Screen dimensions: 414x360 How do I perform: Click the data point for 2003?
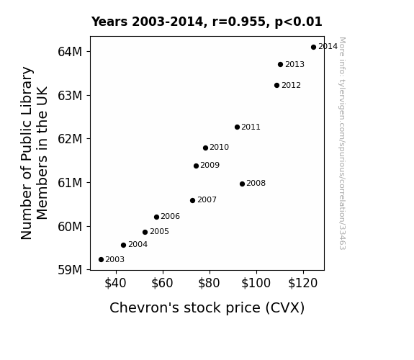(x=101, y=260)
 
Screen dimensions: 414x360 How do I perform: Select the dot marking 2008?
(x=242, y=184)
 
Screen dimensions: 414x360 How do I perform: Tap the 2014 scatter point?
(x=313, y=48)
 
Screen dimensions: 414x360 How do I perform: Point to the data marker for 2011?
(x=237, y=127)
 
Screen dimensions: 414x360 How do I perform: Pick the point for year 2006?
(x=156, y=217)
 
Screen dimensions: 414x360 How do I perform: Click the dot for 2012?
(x=276, y=85)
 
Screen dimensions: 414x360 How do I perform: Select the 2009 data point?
(x=196, y=166)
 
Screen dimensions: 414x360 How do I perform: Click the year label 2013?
(x=294, y=65)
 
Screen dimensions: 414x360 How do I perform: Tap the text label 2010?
(x=219, y=147)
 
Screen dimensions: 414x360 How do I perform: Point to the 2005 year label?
(x=159, y=231)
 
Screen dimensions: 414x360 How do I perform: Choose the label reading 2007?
(x=207, y=199)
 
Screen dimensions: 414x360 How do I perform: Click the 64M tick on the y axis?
(x=70, y=52)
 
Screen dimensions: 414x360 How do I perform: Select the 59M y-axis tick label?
(x=70, y=270)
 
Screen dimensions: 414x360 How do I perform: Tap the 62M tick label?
(x=70, y=139)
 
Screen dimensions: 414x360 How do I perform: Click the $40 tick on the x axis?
(x=115, y=283)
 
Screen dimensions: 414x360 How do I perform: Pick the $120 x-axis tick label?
(x=302, y=283)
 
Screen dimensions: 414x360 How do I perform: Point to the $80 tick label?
(x=209, y=283)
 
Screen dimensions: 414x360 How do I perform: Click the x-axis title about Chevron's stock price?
(x=207, y=308)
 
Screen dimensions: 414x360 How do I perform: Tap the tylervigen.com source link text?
(x=342, y=143)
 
